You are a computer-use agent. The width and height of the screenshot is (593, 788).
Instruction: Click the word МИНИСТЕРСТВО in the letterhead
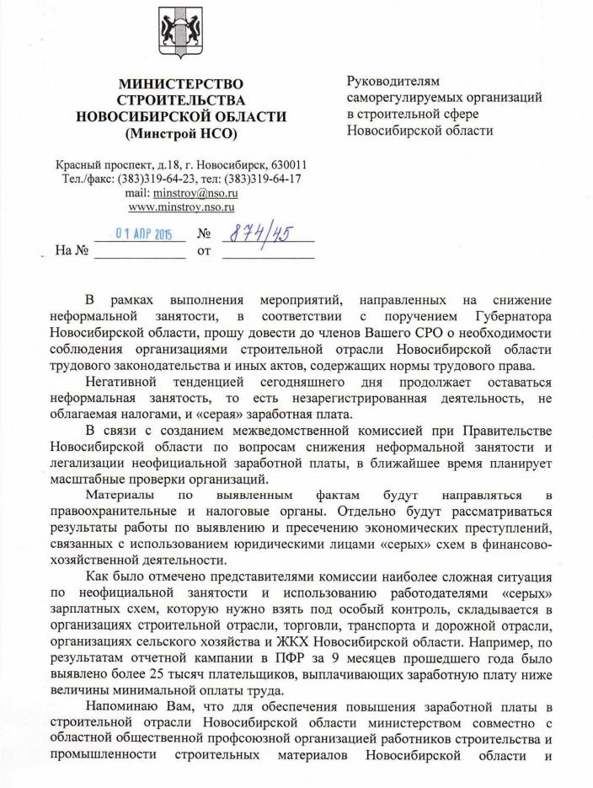point(180,83)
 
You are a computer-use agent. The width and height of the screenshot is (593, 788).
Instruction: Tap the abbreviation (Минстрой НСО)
point(180,133)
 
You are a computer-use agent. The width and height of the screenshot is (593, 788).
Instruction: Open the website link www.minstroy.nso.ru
point(180,206)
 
